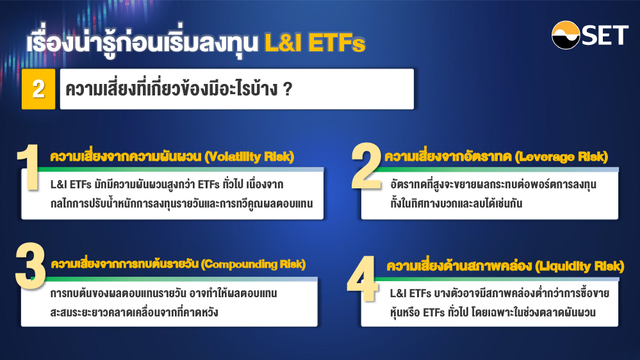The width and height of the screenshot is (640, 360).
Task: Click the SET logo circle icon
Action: pyautogui.click(x=566, y=35)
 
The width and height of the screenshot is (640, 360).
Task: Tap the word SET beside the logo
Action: pyautogui.click(x=605, y=35)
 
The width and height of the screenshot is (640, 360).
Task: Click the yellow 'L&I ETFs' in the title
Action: pyautogui.click(x=315, y=42)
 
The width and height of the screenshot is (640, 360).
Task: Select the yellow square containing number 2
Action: pyautogui.click(x=38, y=89)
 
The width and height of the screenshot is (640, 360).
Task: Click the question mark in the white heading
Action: pyautogui.click(x=288, y=89)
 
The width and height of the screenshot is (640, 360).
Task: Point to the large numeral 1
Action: pyautogui.click(x=28, y=167)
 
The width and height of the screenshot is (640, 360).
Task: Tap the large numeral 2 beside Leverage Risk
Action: pyautogui.click(x=366, y=166)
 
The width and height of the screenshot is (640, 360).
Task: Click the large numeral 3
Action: pyautogui.click(x=30, y=266)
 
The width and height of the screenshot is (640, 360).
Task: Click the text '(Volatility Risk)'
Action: pyautogui.click(x=249, y=157)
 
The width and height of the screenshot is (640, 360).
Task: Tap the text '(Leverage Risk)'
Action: pyautogui.click(x=562, y=157)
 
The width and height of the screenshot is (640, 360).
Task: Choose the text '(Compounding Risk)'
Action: pyautogui.click(x=253, y=264)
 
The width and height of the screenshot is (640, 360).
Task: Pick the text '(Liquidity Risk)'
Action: pyautogui.click(x=580, y=266)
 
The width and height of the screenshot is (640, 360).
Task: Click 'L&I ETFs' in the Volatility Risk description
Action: pyautogui.click(x=70, y=184)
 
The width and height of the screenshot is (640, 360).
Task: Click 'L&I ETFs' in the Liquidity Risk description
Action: pyautogui.click(x=410, y=293)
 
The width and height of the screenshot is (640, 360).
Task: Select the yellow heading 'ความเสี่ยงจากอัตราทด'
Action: pyautogui.click(x=448, y=157)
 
